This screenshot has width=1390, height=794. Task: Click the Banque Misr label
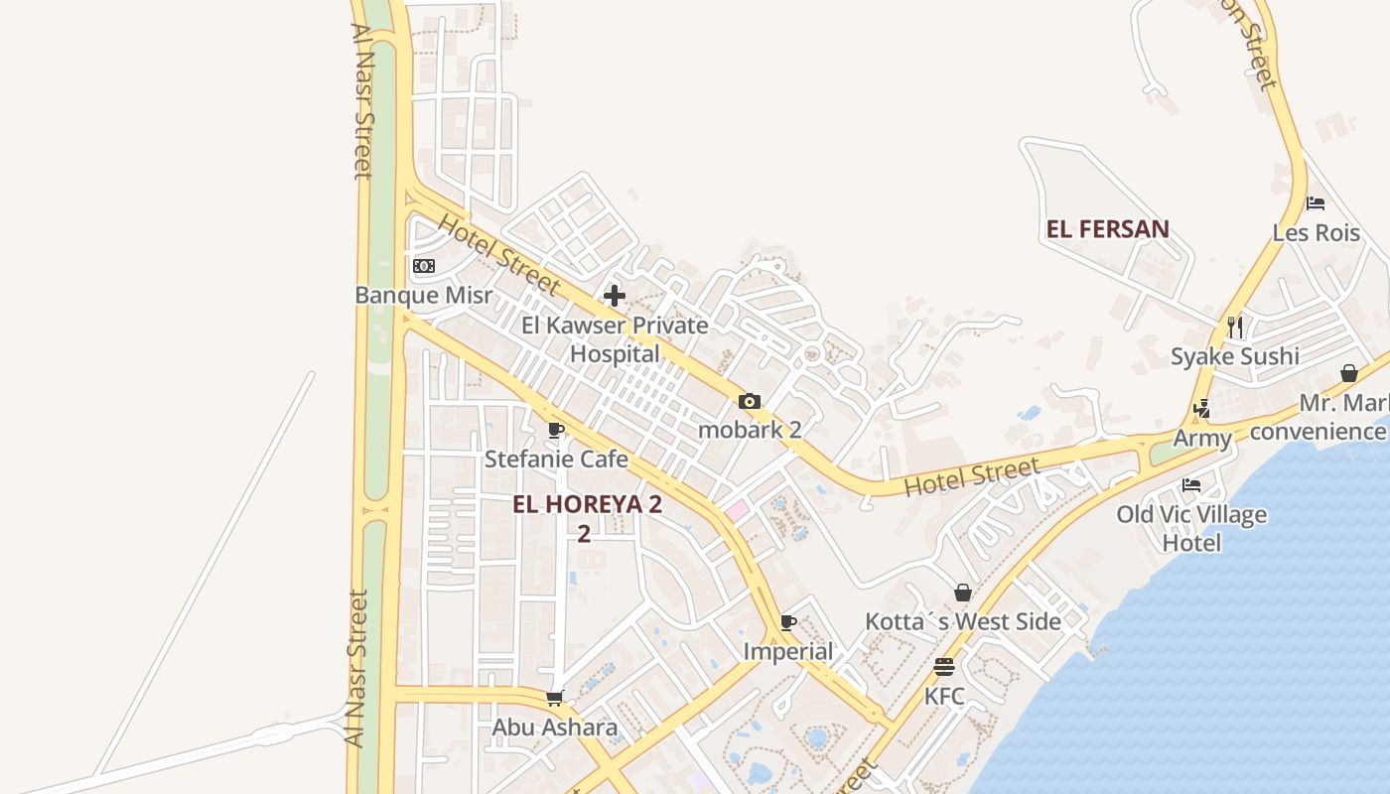pyautogui.click(x=423, y=295)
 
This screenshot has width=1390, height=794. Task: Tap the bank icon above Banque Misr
pyautogui.click(x=424, y=266)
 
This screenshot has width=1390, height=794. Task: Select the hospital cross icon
pyautogui.click(x=615, y=295)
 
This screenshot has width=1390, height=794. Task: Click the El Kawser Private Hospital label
pyautogui.click(x=615, y=339)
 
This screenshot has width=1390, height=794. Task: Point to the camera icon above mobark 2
pyautogui.click(x=750, y=402)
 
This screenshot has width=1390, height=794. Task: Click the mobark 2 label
pyautogui.click(x=750, y=430)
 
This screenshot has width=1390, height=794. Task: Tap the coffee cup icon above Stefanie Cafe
pyautogui.click(x=556, y=431)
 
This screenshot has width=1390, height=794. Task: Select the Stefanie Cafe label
pyautogui.click(x=556, y=459)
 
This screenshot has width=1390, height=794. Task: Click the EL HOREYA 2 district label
pyautogui.click(x=587, y=504)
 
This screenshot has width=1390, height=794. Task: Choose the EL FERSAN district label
pyautogui.click(x=1107, y=229)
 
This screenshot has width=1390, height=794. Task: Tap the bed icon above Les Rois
pyautogui.click(x=1316, y=203)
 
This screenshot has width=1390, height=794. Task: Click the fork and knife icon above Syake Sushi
pyautogui.click(x=1235, y=327)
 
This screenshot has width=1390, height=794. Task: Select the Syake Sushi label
pyautogui.click(x=1234, y=356)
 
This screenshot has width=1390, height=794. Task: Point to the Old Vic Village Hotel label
pyautogui.click(x=1191, y=528)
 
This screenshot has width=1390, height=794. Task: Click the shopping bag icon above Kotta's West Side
pyautogui.click(x=962, y=593)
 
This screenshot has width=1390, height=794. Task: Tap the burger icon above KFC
pyautogui.click(x=944, y=667)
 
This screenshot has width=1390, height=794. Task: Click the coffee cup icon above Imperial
pyautogui.click(x=788, y=622)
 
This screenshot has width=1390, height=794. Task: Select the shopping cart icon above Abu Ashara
pyautogui.click(x=555, y=699)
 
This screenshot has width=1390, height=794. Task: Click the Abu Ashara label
pyautogui.click(x=555, y=728)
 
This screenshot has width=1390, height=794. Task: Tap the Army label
pyautogui.click(x=1202, y=438)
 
